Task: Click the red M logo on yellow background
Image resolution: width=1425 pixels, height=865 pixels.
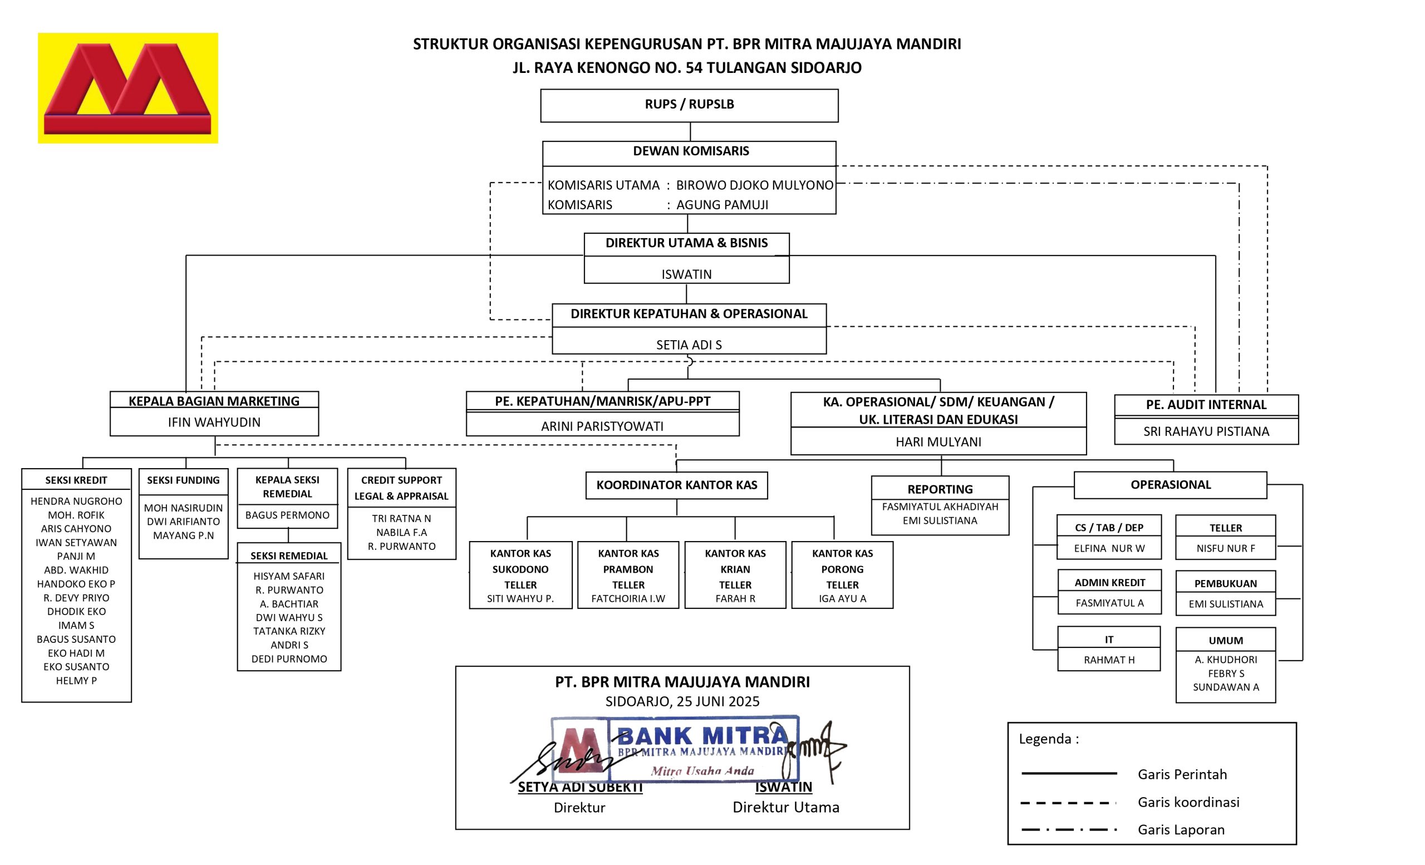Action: coord(128,88)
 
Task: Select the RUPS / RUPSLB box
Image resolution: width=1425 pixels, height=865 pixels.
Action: coord(689,105)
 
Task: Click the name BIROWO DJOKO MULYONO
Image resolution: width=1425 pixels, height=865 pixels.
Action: coord(754,185)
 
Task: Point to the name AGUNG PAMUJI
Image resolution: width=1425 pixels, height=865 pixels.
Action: coord(722,205)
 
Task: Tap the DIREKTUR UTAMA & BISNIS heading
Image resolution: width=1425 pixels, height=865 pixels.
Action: coord(686,243)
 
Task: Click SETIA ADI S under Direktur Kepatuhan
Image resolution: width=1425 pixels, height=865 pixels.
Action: coord(688,345)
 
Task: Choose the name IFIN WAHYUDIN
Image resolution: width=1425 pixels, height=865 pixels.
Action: coord(214,422)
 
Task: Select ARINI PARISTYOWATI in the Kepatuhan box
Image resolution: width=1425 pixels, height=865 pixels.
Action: coord(602,426)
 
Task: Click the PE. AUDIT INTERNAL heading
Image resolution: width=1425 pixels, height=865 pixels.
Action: coord(1206,405)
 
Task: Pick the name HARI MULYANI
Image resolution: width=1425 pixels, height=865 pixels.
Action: coord(938,442)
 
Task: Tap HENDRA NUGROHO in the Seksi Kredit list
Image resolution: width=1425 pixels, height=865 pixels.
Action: coord(76,502)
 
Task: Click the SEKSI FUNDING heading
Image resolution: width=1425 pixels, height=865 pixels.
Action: coord(183,480)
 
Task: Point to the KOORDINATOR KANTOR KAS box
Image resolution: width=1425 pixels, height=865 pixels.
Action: coord(677,485)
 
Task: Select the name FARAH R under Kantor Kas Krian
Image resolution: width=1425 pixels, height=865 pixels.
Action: coord(735,598)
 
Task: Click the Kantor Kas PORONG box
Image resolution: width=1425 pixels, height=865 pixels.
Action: coord(842,575)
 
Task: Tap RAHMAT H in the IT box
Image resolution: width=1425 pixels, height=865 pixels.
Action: coord(1109,660)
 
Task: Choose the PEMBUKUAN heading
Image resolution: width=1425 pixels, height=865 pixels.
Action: coord(1225,583)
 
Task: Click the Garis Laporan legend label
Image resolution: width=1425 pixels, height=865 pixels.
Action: coord(1181,830)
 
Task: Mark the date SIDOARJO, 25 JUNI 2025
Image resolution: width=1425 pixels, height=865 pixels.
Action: coord(682,701)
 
